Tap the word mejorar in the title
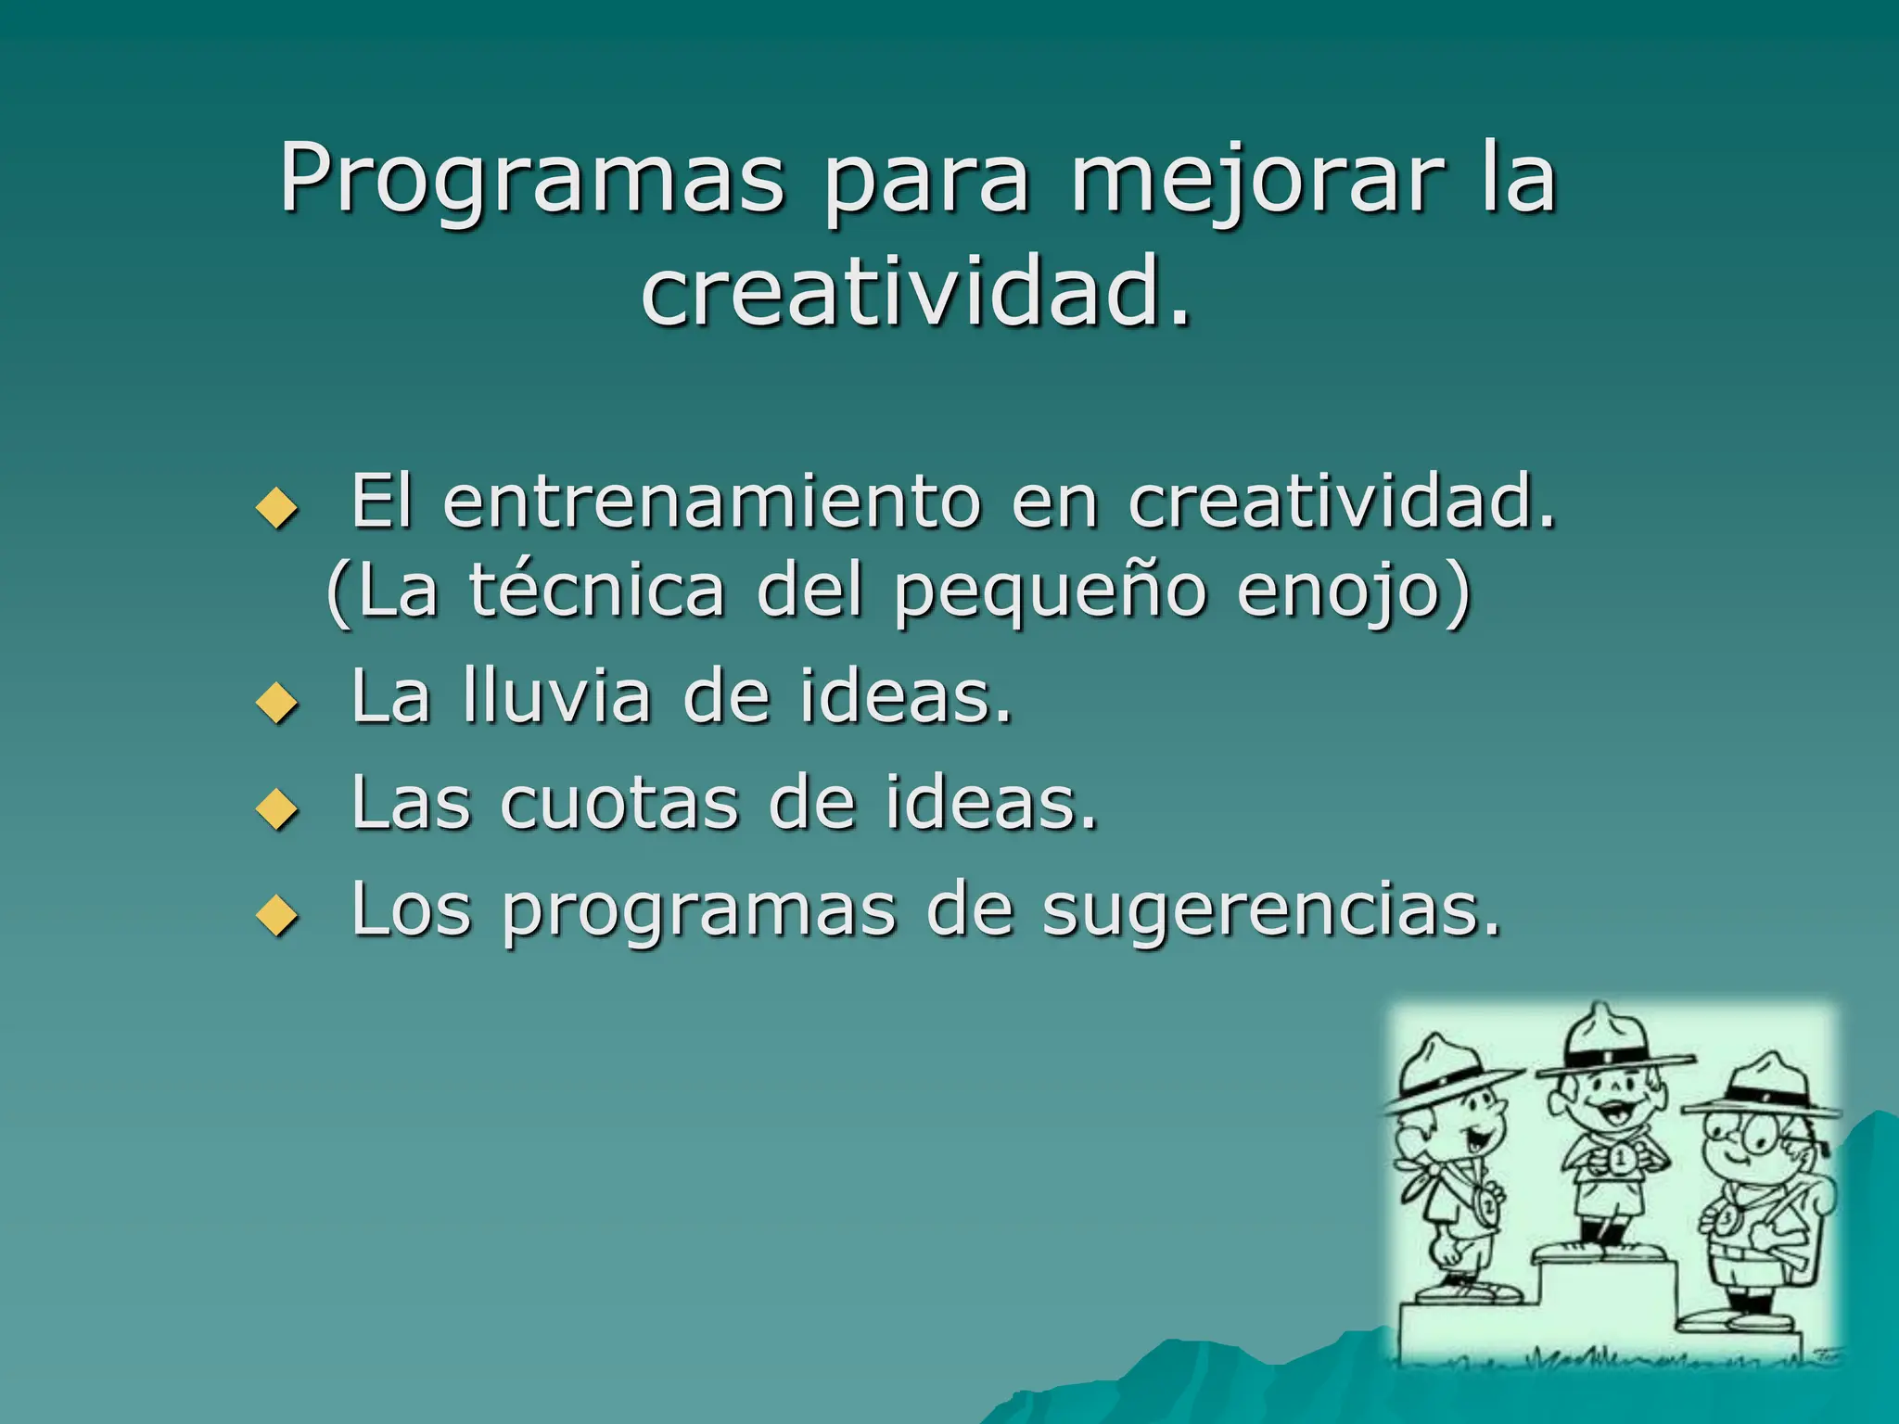1257,182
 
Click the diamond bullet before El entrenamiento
276,508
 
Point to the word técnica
596,591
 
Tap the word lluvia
556,696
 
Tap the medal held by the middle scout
1621,1159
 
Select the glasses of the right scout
1743,1136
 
